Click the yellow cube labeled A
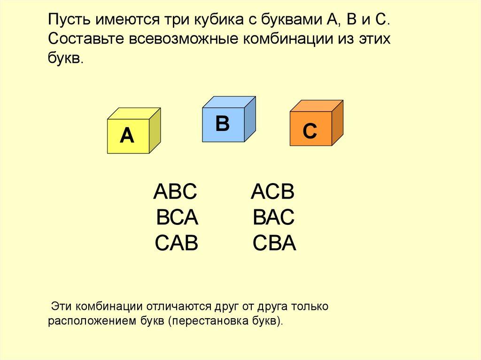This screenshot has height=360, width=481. [134, 130]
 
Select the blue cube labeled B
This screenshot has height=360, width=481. [229, 119]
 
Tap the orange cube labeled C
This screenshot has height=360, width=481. [317, 123]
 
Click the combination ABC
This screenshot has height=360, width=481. [175, 191]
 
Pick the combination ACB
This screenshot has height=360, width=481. [273, 191]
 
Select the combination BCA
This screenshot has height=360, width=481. [177, 217]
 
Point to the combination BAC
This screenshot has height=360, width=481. [274, 217]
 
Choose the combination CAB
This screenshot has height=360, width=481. [177, 243]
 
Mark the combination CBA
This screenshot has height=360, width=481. [274, 243]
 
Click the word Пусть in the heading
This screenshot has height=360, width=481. [70, 20]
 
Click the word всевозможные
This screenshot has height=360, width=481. [184, 39]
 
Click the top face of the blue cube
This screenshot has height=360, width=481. [229, 102]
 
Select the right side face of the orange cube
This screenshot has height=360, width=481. [337, 123]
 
